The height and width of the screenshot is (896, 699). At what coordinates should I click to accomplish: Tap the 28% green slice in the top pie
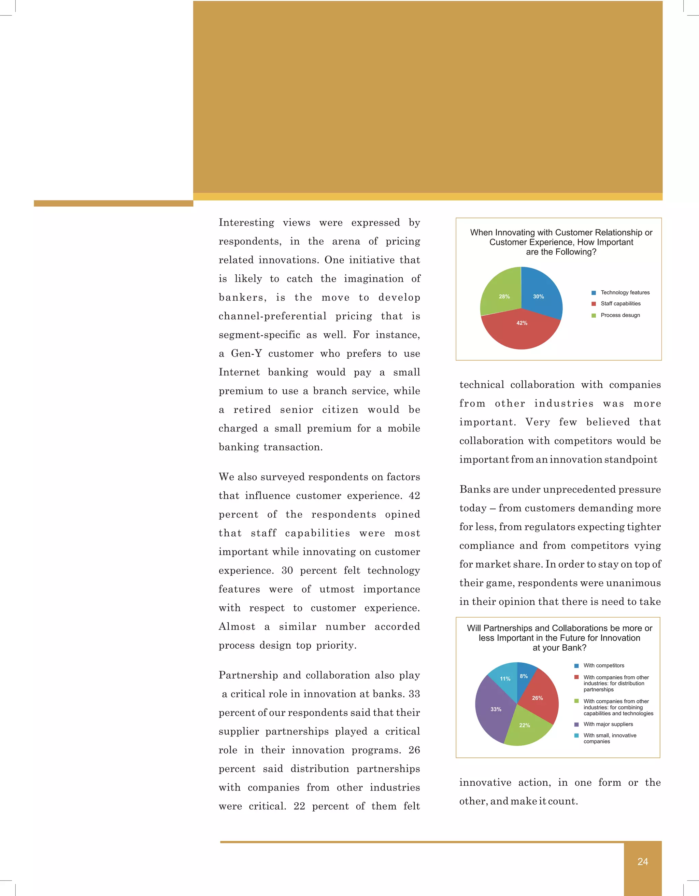(x=501, y=293)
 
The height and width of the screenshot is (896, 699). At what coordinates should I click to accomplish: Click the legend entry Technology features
(x=625, y=292)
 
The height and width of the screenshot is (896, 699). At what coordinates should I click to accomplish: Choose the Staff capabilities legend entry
(x=620, y=304)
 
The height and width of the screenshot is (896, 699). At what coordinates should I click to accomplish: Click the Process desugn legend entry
(x=620, y=315)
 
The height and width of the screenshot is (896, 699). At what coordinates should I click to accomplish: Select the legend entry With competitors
(x=603, y=665)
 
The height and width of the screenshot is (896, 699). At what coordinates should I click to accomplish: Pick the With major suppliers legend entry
(x=608, y=724)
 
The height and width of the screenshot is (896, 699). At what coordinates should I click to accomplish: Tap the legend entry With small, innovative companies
(x=610, y=738)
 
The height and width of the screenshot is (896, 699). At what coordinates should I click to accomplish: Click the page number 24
(x=642, y=861)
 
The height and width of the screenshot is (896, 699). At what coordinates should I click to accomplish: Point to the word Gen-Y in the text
(x=246, y=354)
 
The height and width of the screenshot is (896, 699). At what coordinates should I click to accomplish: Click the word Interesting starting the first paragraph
(x=246, y=223)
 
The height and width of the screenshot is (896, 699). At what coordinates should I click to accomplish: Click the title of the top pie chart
(x=561, y=242)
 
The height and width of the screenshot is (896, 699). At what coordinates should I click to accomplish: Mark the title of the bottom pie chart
(x=559, y=638)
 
